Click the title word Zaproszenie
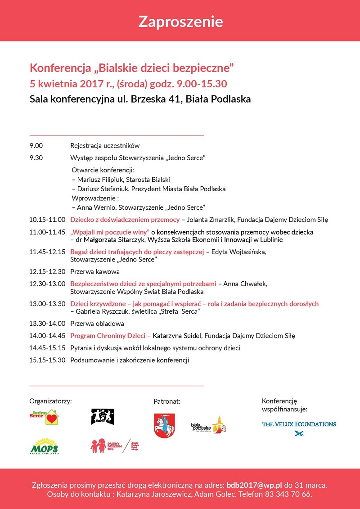[180, 21]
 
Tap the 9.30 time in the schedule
[36, 158]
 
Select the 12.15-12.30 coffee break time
[47, 272]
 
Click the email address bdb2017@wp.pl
[254, 485]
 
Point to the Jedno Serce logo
[45, 417]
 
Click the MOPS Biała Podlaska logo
[44, 446]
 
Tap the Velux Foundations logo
[299, 428]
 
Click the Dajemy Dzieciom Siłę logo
[116, 446]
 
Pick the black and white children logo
[103, 417]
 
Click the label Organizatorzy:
[50, 401]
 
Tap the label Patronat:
[166, 401]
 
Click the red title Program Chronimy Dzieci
[108, 336]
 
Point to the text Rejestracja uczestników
[105, 146]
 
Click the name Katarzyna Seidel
[178, 336]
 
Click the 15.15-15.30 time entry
[47, 360]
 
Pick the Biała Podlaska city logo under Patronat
[207, 425]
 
